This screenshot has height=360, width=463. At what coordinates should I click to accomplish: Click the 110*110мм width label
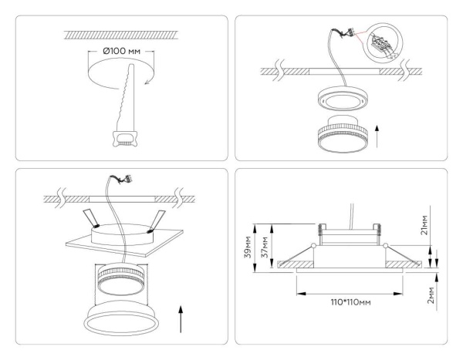347,302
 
